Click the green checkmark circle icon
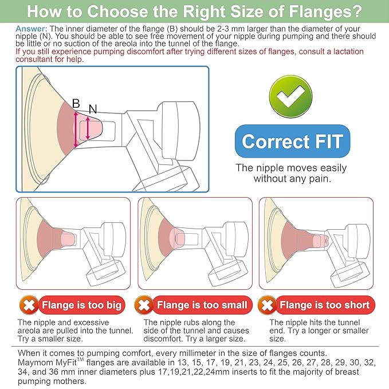point(290,96)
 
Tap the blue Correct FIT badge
point(293,141)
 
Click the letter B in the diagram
point(76,104)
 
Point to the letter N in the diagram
point(93,109)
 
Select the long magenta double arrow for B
point(76,129)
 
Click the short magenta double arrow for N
point(88,128)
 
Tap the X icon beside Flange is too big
point(29,305)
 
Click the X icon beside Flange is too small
point(144,305)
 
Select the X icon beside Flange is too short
point(267,305)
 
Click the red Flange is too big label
point(81,305)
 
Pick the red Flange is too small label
point(202,305)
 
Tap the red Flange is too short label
point(325,305)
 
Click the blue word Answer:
point(32,29)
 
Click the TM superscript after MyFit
point(80,359)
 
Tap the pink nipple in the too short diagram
point(320,241)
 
